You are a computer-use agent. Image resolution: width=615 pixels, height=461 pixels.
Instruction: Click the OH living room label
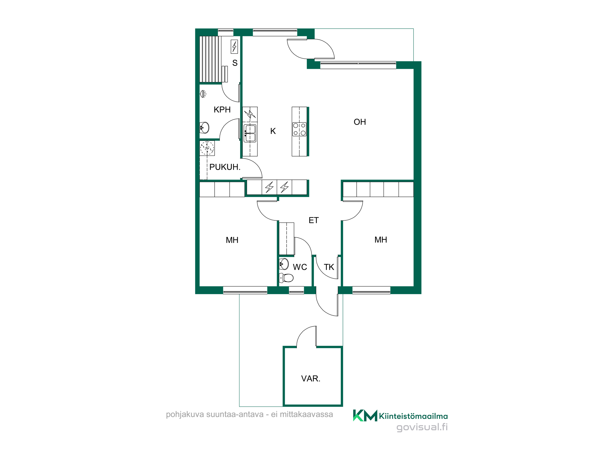(x=360, y=122)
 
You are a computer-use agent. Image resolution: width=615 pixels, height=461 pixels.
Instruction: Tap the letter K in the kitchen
(x=273, y=131)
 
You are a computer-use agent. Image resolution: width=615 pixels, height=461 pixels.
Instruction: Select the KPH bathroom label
(x=222, y=110)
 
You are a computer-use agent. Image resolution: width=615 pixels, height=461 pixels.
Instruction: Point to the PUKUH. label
(x=225, y=167)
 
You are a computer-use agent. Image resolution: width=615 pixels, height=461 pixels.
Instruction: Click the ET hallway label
(x=314, y=220)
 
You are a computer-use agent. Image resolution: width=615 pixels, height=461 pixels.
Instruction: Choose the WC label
(x=300, y=267)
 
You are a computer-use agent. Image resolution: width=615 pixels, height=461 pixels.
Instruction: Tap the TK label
(x=329, y=267)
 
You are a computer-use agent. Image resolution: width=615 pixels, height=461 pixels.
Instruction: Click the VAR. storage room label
(x=311, y=379)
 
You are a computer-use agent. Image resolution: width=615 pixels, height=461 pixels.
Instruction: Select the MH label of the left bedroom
(x=232, y=240)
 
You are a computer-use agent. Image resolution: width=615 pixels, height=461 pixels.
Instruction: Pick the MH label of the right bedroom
(x=381, y=240)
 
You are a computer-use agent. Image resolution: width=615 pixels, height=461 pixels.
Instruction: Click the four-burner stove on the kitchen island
(x=299, y=129)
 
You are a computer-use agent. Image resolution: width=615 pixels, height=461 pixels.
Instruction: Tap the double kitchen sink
(x=250, y=133)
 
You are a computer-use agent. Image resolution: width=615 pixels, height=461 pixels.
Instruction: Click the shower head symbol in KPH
(x=203, y=94)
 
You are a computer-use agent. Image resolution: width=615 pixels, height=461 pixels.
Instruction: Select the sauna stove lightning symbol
(x=234, y=47)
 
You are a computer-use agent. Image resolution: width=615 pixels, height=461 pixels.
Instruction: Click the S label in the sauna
(x=235, y=63)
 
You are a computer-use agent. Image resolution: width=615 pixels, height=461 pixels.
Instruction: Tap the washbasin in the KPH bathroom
(x=204, y=127)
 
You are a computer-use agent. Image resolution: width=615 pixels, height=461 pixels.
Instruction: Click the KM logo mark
(x=365, y=416)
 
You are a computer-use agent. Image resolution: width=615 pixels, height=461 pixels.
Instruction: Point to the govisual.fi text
(x=422, y=428)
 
